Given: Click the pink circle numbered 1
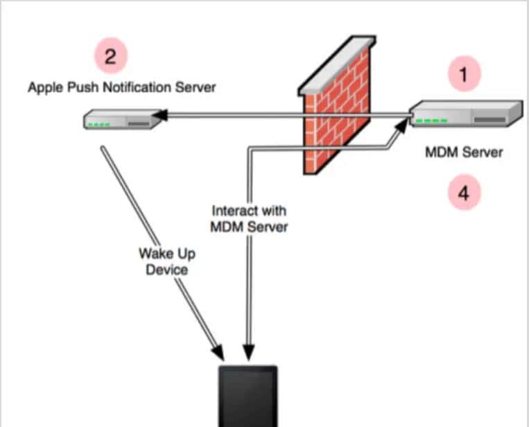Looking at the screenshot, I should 464,76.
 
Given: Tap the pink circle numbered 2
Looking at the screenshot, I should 111,56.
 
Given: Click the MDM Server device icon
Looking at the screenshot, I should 465,114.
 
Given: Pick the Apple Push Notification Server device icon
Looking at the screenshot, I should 121,121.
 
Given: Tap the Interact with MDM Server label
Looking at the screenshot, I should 249,218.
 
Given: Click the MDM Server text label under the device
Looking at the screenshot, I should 464,152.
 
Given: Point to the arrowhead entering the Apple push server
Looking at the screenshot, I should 162,114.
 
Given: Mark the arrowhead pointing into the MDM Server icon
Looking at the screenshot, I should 404,125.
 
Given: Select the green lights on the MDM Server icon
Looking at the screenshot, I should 435,121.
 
